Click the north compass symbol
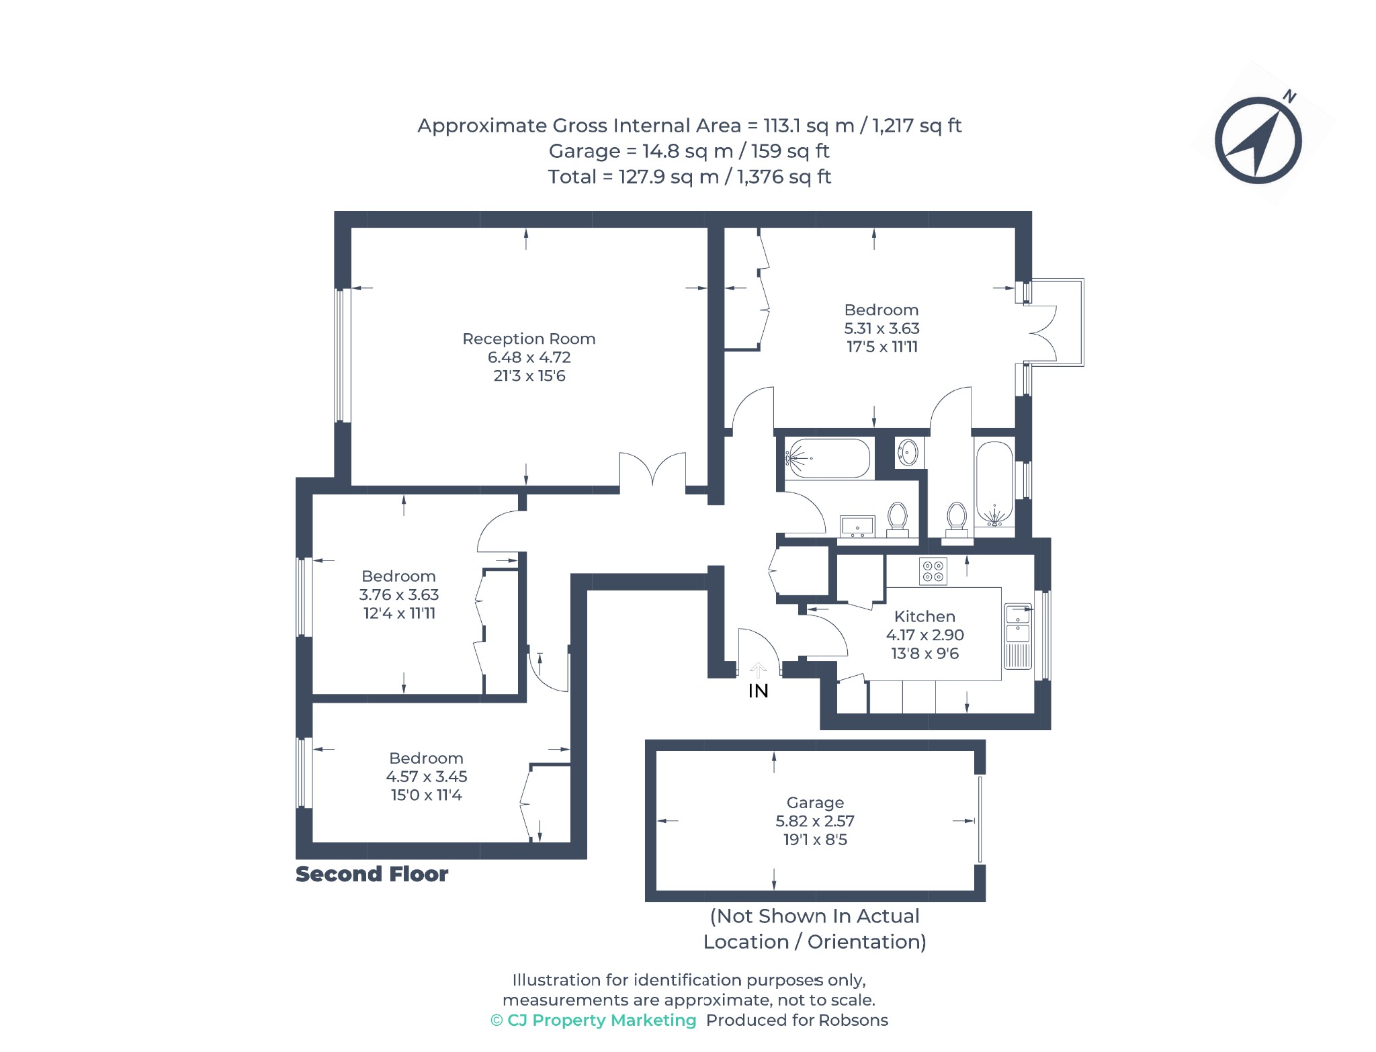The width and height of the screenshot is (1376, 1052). click(1258, 140)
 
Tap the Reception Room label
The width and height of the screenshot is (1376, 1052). click(529, 339)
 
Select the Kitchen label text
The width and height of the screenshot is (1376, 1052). click(924, 616)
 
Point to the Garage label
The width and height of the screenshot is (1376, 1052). click(815, 803)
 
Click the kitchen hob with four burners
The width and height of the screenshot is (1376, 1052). click(933, 571)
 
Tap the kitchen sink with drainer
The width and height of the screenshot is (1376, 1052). click(1017, 636)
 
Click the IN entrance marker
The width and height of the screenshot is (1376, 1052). click(758, 691)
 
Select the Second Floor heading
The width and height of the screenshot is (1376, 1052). click(372, 874)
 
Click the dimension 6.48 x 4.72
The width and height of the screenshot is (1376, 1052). click(529, 357)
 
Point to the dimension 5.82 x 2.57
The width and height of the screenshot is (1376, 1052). click(815, 821)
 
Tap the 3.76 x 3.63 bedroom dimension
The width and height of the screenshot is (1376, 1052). click(399, 595)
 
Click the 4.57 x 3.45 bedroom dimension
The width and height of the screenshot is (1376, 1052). click(427, 777)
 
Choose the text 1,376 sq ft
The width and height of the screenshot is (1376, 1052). click(784, 177)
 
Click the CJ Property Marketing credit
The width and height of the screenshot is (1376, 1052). click(593, 1020)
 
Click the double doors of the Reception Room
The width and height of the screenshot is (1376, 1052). click(652, 470)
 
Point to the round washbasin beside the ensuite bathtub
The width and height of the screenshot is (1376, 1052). click(908, 452)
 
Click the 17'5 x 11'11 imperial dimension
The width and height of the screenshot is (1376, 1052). click(881, 347)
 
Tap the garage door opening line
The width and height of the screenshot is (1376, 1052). click(980, 819)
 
